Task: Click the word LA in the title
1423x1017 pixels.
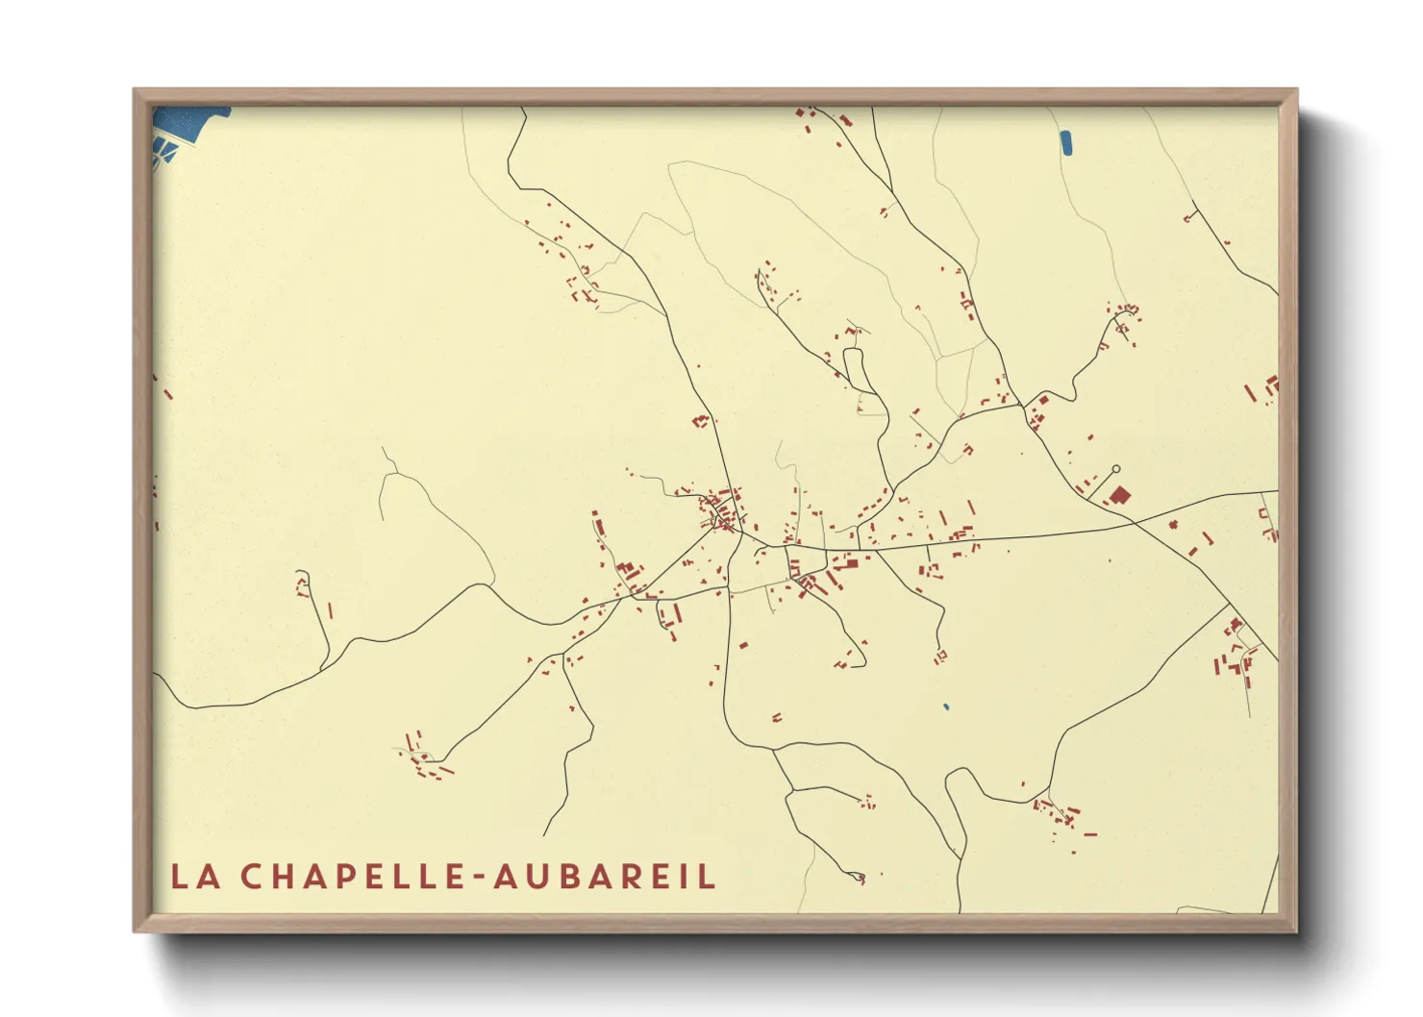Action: [194, 876]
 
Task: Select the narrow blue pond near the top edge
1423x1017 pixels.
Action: [1065, 142]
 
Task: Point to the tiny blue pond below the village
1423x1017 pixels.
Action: [946, 707]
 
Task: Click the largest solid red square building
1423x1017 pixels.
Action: [1120, 495]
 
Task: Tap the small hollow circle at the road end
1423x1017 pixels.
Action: [1115, 469]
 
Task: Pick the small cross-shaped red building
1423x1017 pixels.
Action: [1173, 524]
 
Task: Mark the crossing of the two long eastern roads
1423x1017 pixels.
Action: [1135, 521]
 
